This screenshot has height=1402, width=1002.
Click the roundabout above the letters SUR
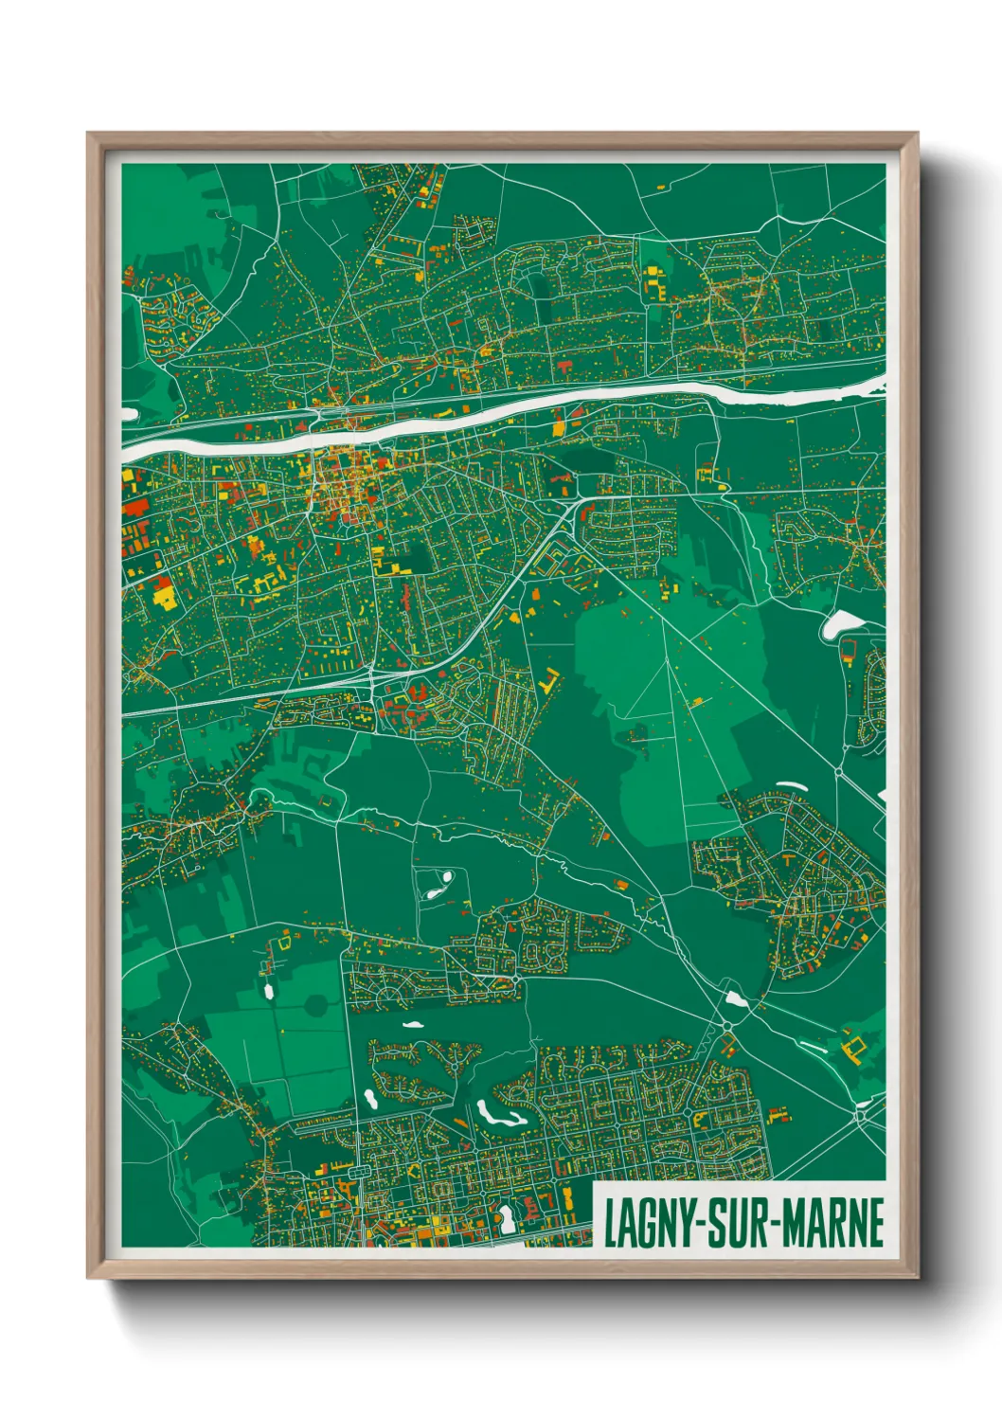727,1026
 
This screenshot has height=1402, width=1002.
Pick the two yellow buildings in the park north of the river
653,280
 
